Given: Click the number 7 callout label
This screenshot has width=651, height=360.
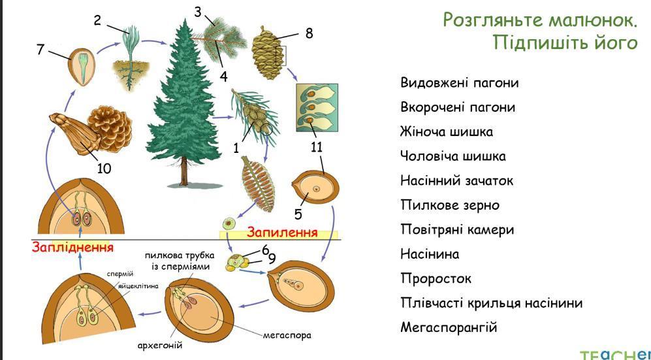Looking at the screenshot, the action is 40,49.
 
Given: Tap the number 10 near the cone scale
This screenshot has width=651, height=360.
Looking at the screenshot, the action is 104,168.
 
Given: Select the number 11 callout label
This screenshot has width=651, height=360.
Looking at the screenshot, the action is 317,148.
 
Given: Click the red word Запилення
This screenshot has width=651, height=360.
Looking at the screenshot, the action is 282,232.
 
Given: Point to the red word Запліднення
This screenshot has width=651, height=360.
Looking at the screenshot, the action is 72,248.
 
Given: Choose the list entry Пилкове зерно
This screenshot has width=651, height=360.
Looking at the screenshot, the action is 450,205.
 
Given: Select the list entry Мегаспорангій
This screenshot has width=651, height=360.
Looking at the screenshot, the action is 449,327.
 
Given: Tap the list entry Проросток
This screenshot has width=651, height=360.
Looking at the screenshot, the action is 436,278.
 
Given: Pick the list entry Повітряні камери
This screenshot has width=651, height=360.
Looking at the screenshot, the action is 457,229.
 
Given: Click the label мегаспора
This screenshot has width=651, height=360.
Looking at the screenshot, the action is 287,335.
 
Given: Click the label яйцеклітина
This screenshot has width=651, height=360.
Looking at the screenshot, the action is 138,287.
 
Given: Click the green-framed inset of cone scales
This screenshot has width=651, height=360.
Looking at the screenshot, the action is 317,108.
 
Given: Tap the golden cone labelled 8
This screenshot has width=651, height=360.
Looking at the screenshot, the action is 268,53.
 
